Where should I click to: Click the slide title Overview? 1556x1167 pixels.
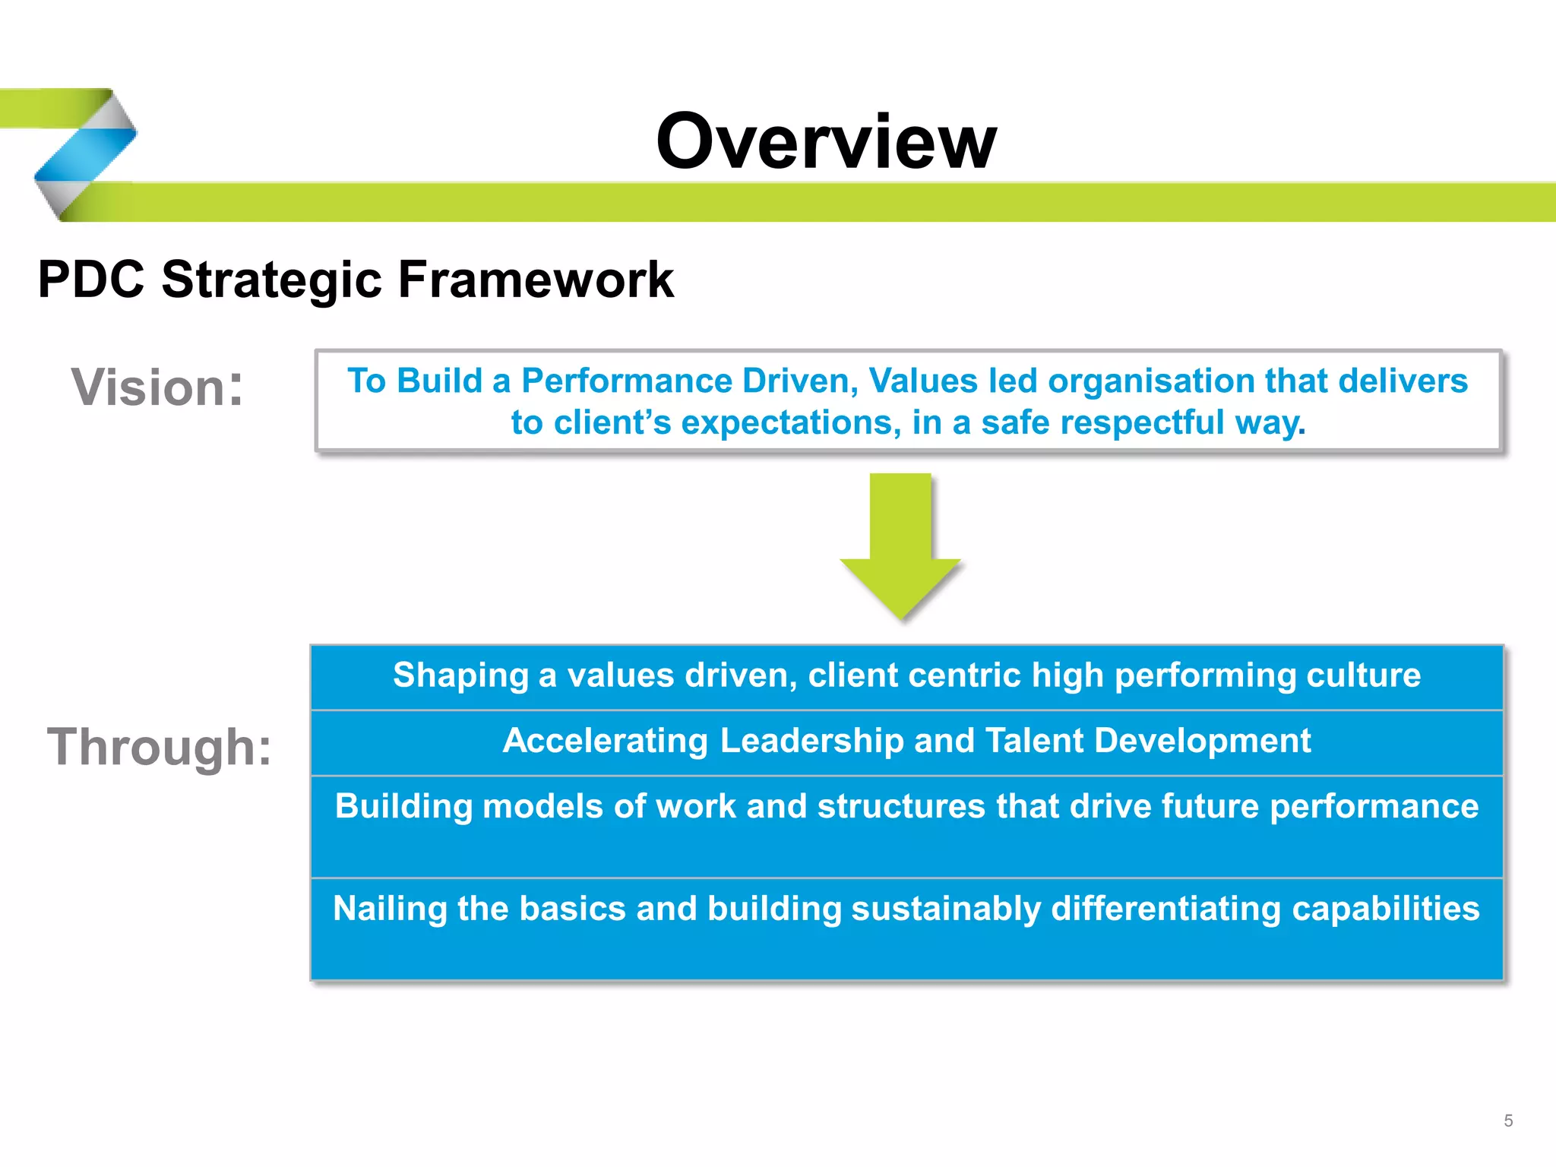point(826,141)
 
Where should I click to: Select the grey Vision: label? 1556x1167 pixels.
point(157,387)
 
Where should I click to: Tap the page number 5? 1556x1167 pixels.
point(1508,1121)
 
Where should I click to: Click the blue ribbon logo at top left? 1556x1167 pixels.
point(85,155)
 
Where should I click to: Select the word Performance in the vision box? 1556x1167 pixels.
point(626,381)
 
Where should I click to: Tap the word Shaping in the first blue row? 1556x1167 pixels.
point(460,675)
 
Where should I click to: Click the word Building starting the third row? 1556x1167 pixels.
point(403,806)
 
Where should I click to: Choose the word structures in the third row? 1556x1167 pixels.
point(900,806)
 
